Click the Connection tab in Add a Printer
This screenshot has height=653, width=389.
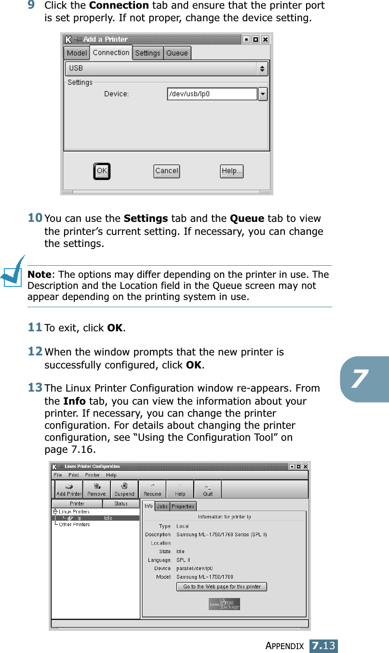point(111,53)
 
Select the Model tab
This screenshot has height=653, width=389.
point(77,53)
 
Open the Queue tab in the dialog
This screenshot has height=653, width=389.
point(177,53)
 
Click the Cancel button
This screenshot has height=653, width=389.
point(167,171)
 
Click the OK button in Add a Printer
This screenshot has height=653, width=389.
point(102,171)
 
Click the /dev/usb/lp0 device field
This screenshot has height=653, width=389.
point(212,94)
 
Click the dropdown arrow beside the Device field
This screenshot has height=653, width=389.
point(263,94)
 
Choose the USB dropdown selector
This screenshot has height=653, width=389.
point(166,68)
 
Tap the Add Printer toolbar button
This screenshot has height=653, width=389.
point(69,489)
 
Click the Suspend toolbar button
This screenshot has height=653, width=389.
point(124,489)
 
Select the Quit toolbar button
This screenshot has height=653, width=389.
point(208,489)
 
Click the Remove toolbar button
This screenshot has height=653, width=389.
point(96,489)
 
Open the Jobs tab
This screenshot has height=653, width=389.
point(162,506)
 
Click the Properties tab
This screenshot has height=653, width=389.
point(183,506)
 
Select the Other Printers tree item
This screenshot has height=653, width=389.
point(74,524)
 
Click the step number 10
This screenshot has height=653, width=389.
point(35,218)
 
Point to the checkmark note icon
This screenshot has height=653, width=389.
point(13,272)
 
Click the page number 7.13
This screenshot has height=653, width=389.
point(323,646)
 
